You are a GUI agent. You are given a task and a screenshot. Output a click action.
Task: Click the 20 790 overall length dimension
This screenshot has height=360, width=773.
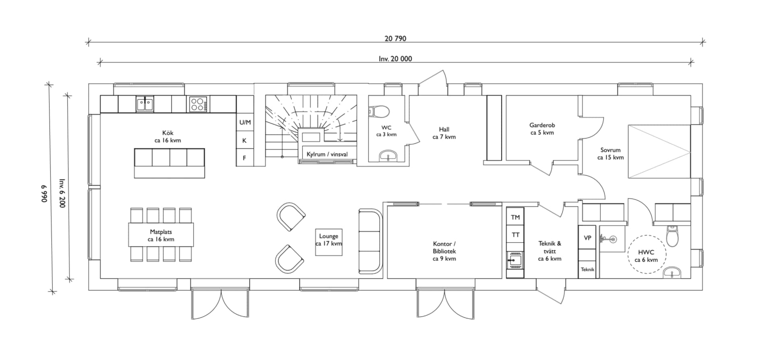pos(395,39)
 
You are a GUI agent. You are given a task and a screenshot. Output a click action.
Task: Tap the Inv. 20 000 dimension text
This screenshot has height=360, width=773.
pos(395,59)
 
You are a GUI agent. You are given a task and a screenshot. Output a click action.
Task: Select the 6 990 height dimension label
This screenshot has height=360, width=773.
pos(44,194)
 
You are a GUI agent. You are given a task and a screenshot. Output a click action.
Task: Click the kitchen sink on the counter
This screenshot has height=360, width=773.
pos(145,104)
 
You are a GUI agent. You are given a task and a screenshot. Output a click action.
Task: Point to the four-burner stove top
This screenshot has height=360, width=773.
pos(198,104)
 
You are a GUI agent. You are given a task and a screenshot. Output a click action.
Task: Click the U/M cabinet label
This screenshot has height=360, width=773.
pos(245,122)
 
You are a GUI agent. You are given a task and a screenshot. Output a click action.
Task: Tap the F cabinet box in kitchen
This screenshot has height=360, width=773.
pos(244,158)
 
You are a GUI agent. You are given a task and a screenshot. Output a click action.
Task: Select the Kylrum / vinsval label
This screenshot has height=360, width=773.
pos(327,154)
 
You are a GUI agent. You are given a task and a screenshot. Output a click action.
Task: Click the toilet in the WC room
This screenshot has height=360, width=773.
pos(378,111)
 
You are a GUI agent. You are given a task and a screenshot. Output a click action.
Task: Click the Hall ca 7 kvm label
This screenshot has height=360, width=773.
pos(444,133)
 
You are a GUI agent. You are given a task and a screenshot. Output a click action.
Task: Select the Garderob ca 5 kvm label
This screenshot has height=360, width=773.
pos(542,129)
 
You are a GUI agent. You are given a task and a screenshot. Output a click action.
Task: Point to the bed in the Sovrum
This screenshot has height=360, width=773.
pos(659,151)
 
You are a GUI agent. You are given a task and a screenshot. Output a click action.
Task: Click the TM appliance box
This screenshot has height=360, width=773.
pos(515,217)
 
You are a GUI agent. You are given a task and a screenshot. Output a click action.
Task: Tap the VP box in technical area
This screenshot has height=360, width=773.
pos(587,238)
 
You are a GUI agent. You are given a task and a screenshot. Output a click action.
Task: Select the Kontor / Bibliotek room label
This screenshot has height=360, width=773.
pos(444,251)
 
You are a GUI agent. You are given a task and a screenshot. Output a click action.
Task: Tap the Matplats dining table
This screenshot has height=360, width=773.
pos(161,235)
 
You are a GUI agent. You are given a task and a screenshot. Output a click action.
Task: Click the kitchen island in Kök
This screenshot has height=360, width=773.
pos(169,163)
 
